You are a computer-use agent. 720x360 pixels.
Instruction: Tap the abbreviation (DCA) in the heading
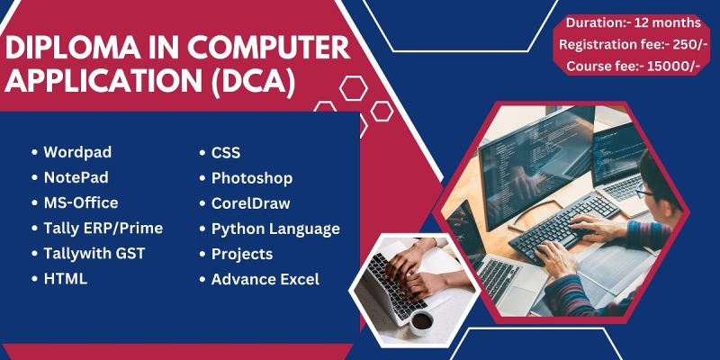tap(253, 83)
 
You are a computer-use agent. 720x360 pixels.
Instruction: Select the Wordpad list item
tap(77, 152)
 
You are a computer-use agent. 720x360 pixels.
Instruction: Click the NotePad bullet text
tap(76, 177)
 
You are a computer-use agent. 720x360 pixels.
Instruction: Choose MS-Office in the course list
tap(81, 202)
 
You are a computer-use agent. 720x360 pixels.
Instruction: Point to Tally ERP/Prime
tap(103, 229)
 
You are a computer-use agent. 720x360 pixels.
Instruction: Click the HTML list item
tap(65, 279)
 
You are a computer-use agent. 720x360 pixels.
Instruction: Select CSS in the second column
tap(226, 152)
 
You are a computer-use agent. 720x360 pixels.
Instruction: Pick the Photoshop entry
tap(252, 178)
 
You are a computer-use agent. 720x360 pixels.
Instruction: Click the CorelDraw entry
tap(251, 203)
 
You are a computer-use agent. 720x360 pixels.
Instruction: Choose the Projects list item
tap(242, 254)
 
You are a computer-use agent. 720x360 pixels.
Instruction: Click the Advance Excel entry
tap(265, 279)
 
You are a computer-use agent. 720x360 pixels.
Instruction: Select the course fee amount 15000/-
tap(674, 67)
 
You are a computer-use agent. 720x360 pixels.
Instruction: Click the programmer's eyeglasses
tap(643, 192)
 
